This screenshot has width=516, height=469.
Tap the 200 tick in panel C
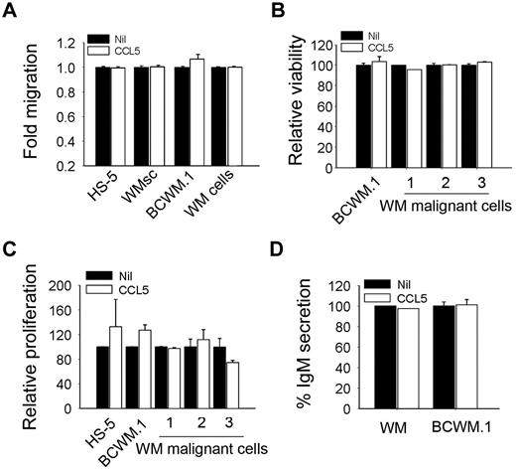click(60, 285)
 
